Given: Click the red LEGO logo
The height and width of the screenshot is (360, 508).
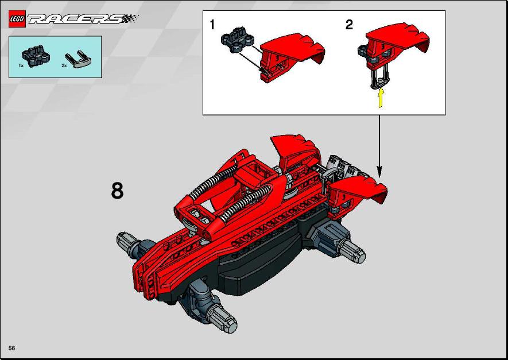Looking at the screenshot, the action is [x=17, y=19].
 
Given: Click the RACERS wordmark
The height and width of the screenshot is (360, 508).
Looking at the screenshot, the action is [x=83, y=19].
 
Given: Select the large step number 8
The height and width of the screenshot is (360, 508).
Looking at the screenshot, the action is [x=117, y=191].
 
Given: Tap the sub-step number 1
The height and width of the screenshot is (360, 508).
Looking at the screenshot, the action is [x=212, y=25].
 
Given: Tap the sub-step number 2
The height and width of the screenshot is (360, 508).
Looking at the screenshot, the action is [x=349, y=25].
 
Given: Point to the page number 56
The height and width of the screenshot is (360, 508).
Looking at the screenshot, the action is [x=11, y=348].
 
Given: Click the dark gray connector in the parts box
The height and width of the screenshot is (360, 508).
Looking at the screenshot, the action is [x=36, y=56].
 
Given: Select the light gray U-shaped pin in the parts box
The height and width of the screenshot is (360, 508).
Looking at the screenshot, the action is [x=78, y=59].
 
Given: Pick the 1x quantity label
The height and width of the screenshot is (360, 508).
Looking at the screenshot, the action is [x=21, y=65].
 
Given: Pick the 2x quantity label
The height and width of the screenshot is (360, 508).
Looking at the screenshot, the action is [x=64, y=65].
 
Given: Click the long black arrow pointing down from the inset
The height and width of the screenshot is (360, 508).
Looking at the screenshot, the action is [x=379, y=146].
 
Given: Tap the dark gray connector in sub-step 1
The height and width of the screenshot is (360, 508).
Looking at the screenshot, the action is [x=237, y=39].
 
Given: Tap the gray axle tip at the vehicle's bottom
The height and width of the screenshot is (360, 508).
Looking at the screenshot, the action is [x=224, y=321].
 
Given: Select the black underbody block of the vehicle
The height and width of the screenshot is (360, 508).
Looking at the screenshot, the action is [x=259, y=259].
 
